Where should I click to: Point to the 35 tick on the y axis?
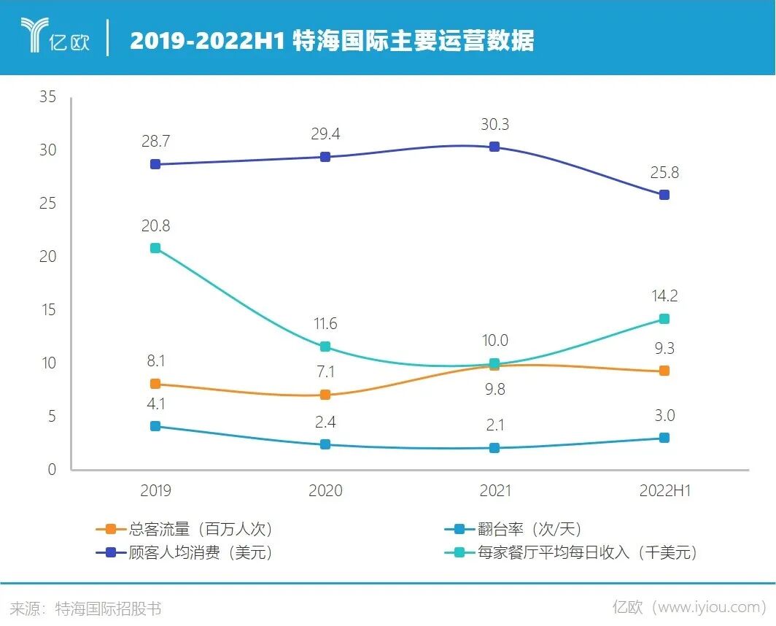[47, 97]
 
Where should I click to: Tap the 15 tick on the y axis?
[47, 310]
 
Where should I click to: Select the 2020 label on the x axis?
[325, 491]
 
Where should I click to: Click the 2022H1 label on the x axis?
[664, 491]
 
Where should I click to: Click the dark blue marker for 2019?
[155, 164]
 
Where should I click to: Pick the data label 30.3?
[494, 125]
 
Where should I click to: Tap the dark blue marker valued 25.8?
[664, 195]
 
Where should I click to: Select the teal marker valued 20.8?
[155, 248]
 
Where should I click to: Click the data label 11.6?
[325, 324]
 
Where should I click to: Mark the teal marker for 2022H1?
[664, 319]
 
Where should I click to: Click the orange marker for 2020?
[325, 395]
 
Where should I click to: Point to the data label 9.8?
[494, 389]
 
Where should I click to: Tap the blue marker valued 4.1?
[155, 426]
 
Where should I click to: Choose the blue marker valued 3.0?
[664, 438]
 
